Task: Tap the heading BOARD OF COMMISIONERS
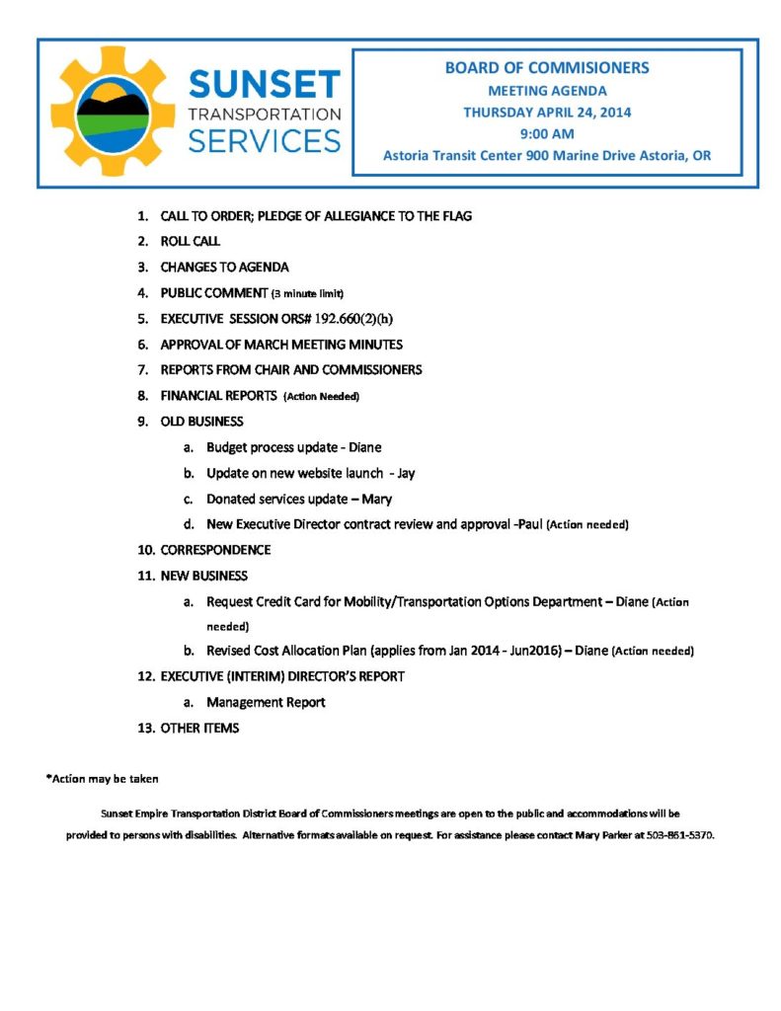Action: tap(546, 68)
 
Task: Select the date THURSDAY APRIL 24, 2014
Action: tap(547, 112)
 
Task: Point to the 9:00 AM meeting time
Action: tap(546, 133)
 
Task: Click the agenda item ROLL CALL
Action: tap(191, 241)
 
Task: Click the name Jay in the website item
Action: tap(406, 473)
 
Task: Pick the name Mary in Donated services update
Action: tap(377, 499)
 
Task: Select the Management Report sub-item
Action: tap(266, 703)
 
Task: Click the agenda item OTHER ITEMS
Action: tap(199, 729)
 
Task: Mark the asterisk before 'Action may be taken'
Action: tap(48, 778)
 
